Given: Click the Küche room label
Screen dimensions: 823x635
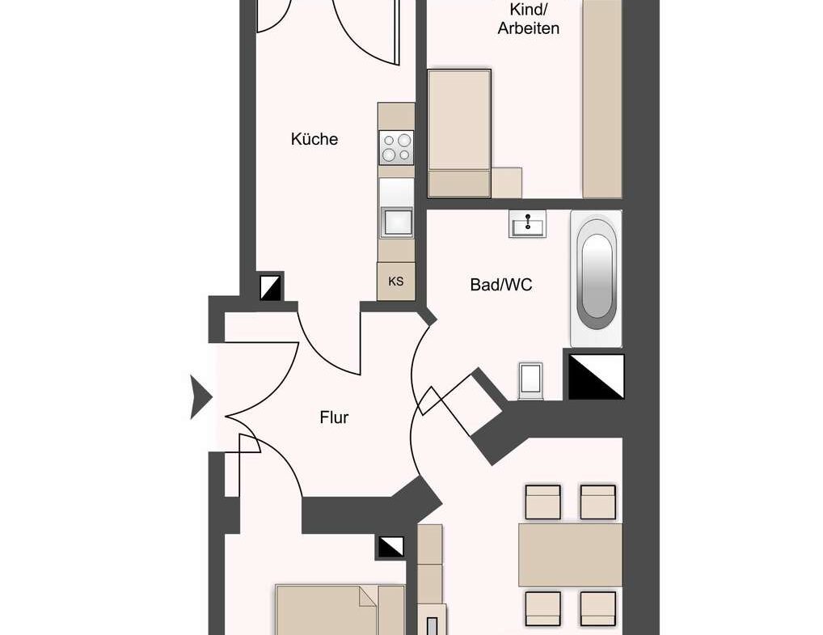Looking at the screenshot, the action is [314, 139].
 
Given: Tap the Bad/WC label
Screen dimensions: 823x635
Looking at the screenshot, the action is [500, 285].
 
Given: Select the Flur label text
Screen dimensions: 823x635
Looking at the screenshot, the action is [334, 417].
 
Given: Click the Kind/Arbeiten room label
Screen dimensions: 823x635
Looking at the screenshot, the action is [528, 19].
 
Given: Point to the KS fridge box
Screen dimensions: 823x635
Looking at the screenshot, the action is [396, 282].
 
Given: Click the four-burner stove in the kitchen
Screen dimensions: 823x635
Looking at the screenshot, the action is [396, 147].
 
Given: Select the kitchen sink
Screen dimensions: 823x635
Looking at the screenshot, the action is [397, 222].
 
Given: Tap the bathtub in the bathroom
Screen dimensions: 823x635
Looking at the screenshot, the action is [597, 278].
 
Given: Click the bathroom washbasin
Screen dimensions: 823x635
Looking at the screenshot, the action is [527, 224].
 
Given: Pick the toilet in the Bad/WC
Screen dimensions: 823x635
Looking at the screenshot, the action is [530, 379].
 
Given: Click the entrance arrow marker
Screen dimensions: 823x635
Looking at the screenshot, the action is [200, 397].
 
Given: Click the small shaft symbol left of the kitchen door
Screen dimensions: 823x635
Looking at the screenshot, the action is [271, 288].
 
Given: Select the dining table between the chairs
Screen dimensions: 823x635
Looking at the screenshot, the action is [570, 555].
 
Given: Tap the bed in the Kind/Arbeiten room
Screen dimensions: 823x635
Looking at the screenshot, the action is [460, 133].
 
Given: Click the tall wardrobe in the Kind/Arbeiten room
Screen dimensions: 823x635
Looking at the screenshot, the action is [602, 99].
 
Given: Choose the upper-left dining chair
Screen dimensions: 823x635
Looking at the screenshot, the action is [542, 502].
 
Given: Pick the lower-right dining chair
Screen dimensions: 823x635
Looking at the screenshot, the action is [597, 608].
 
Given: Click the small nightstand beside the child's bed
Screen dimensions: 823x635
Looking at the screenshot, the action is [507, 183].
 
